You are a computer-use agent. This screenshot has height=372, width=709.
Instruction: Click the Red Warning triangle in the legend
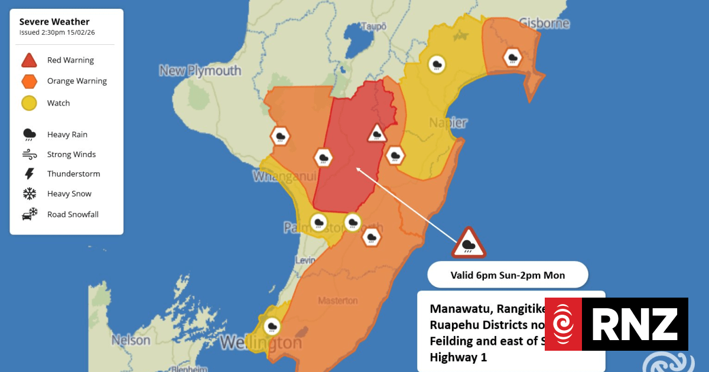(x=29, y=60)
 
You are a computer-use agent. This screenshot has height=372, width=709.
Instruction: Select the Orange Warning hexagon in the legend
(x=29, y=81)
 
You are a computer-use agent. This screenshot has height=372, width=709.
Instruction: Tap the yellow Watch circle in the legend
(x=29, y=103)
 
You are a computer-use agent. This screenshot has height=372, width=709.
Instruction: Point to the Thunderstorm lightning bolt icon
(x=29, y=174)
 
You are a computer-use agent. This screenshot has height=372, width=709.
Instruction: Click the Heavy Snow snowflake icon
(x=29, y=194)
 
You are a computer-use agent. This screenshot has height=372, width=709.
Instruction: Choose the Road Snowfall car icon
(x=30, y=214)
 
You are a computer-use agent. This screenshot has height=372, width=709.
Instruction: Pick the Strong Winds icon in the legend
(x=29, y=155)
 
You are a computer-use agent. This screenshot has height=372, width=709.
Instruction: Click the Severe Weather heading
(x=54, y=22)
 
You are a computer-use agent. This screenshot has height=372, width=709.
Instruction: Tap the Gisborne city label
(x=544, y=24)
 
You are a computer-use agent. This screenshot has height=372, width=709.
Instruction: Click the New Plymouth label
(x=200, y=71)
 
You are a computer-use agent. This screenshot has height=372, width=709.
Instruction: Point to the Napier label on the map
(x=450, y=123)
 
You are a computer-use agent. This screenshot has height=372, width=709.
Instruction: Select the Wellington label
(x=261, y=343)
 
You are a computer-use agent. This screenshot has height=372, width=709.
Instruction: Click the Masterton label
(x=338, y=301)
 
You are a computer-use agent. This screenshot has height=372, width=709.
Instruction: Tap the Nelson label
(x=131, y=341)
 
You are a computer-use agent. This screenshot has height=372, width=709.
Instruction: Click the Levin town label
(x=306, y=260)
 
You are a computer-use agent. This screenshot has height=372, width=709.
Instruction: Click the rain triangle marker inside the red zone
(x=376, y=134)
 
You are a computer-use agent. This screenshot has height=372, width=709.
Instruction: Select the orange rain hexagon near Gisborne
(x=512, y=58)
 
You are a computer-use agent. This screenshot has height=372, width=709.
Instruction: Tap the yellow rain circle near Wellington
(x=272, y=325)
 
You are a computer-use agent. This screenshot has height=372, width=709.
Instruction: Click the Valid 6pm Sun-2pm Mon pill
(x=508, y=275)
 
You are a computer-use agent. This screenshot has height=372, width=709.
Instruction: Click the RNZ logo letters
(x=635, y=324)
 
